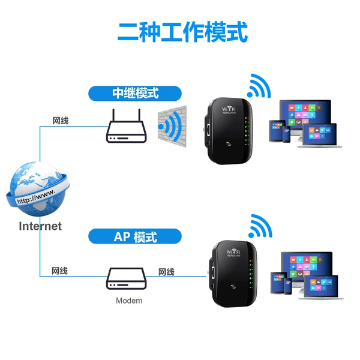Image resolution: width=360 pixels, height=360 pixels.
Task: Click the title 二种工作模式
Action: point(182,32)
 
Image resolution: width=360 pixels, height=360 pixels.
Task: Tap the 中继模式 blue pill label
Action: point(135,94)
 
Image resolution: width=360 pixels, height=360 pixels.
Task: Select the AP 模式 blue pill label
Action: point(135,236)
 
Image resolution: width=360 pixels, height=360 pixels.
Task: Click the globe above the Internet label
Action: point(38,189)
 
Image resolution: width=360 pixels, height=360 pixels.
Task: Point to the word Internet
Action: point(40,226)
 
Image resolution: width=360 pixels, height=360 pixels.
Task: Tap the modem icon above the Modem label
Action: point(126,278)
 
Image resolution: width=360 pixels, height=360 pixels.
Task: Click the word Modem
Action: point(129,301)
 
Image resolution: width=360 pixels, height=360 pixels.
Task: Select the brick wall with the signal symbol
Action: point(172,126)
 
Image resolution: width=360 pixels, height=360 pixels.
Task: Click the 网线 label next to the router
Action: point(61,121)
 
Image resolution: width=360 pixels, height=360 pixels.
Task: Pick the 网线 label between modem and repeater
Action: point(166,272)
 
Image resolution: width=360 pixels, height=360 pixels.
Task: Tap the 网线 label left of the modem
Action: point(59,271)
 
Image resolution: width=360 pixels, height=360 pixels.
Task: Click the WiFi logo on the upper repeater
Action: point(229,110)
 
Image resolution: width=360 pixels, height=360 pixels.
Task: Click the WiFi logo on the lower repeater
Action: point(233,253)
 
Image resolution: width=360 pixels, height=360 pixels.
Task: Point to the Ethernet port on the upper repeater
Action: point(209,130)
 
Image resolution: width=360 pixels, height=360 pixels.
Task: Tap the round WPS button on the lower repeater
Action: point(233,287)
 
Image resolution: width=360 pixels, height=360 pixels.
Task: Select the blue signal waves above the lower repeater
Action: point(260,226)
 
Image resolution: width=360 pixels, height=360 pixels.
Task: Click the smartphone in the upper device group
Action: point(286,134)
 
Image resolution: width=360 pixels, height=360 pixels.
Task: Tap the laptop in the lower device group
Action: point(321,287)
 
